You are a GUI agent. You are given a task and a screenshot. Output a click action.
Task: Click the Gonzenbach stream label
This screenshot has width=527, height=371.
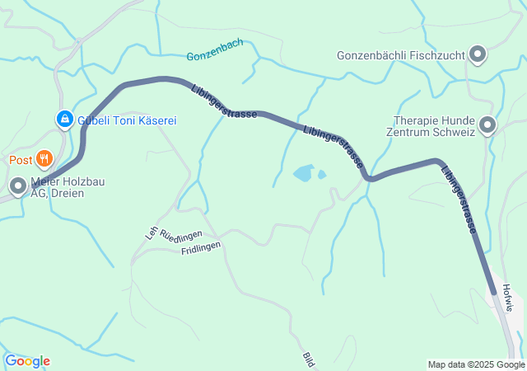[x=215, y=56]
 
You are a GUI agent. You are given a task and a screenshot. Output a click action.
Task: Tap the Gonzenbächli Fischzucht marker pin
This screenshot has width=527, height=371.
[x=478, y=56]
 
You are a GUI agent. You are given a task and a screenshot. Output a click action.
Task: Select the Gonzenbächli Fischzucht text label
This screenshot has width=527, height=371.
[x=402, y=56]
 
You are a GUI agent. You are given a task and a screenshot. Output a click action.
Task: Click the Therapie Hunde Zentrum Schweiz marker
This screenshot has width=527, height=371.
[x=487, y=126]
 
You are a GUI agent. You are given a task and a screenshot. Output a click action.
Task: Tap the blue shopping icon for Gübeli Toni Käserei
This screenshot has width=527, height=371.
[x=63, y=120]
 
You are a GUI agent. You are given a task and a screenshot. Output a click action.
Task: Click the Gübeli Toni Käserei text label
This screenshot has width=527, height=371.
[x=128, y=120]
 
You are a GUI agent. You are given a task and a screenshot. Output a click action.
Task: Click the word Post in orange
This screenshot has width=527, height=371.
[x=21, y=159]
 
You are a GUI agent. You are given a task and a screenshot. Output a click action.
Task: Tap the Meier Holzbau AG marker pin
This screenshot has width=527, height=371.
[x=18, y=188]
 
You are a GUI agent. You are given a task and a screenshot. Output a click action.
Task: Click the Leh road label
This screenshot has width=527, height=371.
[x=152, y=233]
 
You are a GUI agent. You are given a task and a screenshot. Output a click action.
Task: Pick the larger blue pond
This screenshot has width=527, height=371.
[x=303, y=173]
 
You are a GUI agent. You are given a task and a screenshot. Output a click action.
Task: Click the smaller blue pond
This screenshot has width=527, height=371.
[x=322, y=174]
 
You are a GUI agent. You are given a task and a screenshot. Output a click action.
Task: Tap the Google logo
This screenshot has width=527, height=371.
[x=27, y=361]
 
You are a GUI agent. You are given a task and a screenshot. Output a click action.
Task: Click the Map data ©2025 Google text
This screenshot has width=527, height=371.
[x=476, y=364]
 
